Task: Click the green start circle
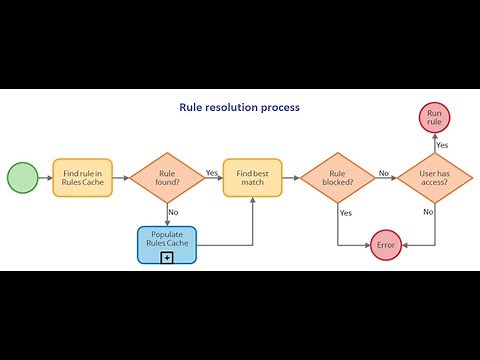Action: (22, 178)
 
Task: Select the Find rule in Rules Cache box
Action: (82, 178)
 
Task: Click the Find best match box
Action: (252, 178)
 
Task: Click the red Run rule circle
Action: (435, 118)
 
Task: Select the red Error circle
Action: (387, 244)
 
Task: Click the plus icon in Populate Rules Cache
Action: (167, 257)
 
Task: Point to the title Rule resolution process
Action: (239, 106)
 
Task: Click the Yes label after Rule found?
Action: (212, 172)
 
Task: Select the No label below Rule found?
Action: (173, 212)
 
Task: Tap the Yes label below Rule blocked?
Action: (346, 212)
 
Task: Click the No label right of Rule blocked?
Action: (383, 172)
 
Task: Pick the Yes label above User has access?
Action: (442, 145)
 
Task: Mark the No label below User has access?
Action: (428, 212)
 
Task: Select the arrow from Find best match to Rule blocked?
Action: (290, 178)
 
